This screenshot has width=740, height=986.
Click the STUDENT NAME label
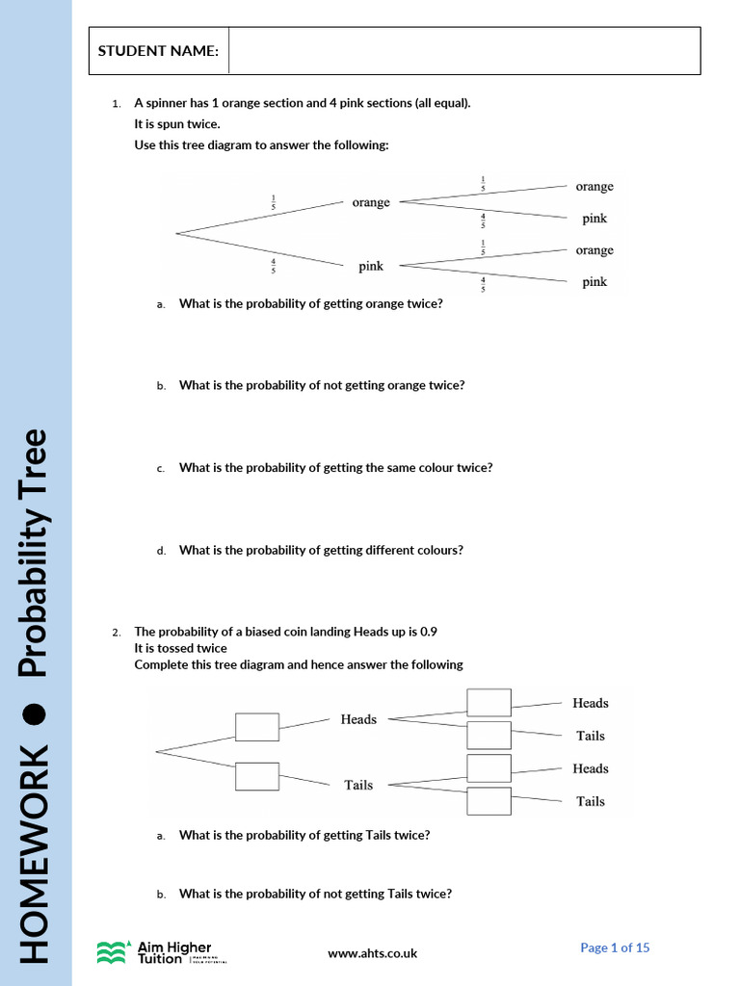click(157, 50)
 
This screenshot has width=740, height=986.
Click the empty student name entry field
click(463, 50)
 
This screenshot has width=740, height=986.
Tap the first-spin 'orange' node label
click(371, 202)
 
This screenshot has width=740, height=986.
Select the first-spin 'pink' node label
click(371, 266)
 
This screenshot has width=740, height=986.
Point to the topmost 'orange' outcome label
click(595, 186)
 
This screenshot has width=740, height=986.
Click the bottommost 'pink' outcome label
click(595, 282)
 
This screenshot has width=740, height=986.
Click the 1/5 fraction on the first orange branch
click(274, 203)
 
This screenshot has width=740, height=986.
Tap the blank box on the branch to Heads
click(257, 727)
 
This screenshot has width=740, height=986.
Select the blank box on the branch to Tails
click(257, 776)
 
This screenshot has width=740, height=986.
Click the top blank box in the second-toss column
click(489, 702)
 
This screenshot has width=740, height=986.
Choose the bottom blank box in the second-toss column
click(489, 801)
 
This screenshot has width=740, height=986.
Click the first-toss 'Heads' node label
click(358, 719)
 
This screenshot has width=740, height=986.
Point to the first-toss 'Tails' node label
click(358, 785)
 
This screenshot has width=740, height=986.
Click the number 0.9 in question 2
click(429, 632)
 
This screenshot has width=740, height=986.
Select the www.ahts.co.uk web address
click(373, 953)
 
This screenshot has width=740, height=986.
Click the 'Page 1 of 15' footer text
click(615, 947)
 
